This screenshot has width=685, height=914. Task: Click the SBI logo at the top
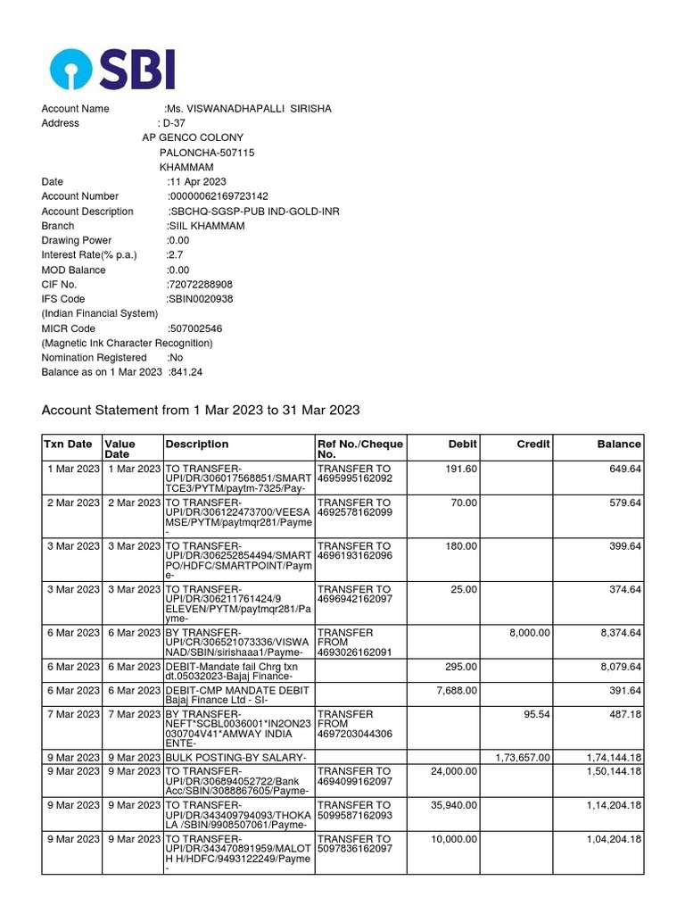point(112,69)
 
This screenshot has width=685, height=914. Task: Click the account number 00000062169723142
point(219,196)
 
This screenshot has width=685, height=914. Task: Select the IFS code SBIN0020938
point(201,299)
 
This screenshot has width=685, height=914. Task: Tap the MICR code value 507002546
point(196,328)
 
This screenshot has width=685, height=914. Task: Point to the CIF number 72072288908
point(201,285)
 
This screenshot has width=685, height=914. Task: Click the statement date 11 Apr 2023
point(197,182)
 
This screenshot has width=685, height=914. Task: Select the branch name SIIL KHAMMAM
point(206,226)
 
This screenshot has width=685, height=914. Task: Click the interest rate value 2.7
point(175,255)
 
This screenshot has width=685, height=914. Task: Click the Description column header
point(197,444)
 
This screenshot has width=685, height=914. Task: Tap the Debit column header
point(463,444)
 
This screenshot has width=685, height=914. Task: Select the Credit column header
point(533,444)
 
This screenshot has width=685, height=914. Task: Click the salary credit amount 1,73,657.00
point(523,758)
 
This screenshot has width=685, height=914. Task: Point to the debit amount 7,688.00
point(455,691)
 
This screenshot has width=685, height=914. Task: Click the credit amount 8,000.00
point(530,633)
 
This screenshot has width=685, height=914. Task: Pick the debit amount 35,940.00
point(452,805)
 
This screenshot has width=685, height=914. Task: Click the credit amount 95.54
point(537,714)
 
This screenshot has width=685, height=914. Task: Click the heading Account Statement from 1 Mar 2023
point(201,410)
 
